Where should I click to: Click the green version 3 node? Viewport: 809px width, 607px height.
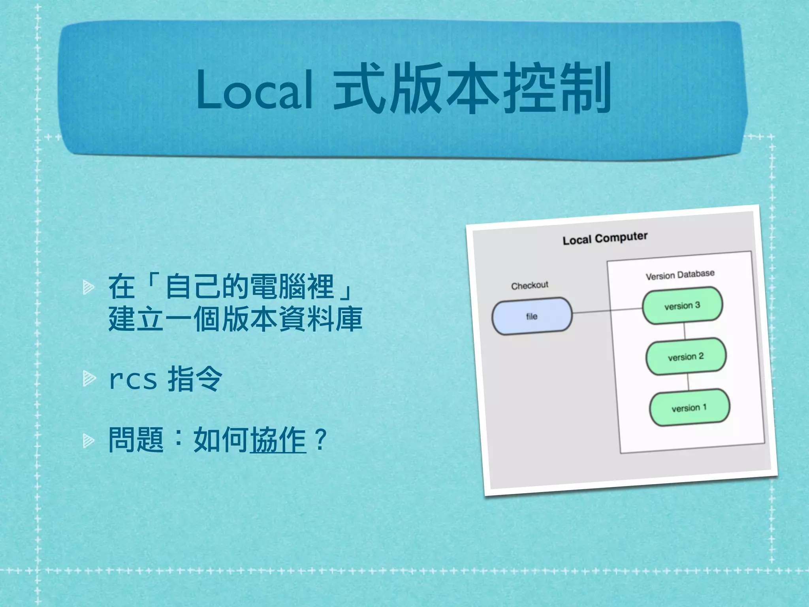[682, 305]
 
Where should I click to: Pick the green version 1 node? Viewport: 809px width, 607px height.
[689, 408]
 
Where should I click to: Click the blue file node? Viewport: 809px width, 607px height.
[532, 316]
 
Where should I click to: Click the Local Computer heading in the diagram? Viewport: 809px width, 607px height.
[605, 238]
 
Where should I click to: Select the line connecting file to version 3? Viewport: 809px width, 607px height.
[607, 311]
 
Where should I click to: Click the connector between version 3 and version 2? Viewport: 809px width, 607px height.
[684, 331]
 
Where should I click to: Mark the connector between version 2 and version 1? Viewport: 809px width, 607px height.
[688, 382]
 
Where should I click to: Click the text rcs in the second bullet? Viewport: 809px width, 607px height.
[133, 380]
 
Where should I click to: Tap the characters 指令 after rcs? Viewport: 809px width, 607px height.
[195, 379]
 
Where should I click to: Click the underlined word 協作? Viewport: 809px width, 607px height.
[278, 440]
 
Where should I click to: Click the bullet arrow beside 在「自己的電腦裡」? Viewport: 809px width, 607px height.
[88, 287]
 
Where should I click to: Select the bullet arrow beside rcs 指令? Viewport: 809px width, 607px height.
[88, 379]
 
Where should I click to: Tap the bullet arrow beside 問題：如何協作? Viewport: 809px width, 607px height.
[88, 440]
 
